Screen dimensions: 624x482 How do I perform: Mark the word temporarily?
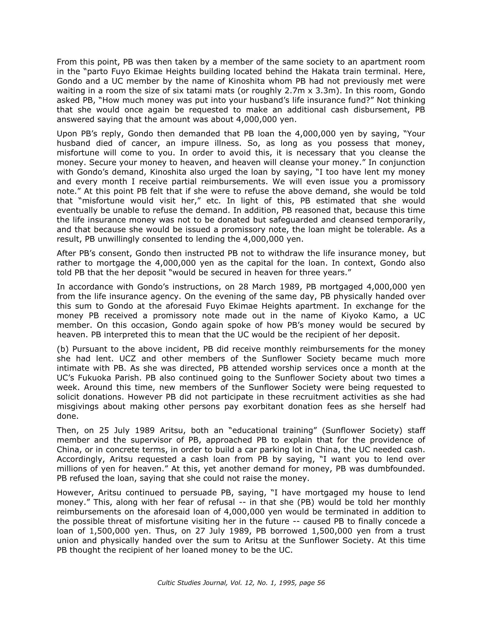(x=401, y=220)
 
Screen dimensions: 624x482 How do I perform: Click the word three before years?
(x=312, y=272)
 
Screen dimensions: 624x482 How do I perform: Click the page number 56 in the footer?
(x=321, y=583)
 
